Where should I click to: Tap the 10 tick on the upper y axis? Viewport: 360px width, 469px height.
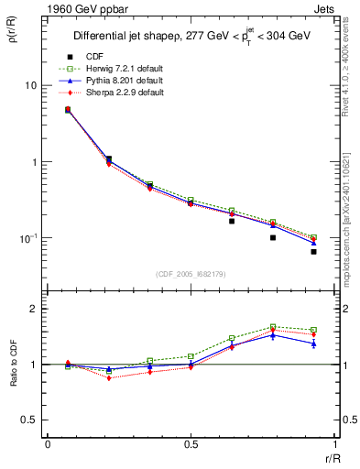pos(33,85)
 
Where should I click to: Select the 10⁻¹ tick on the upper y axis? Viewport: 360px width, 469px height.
pos(30,237)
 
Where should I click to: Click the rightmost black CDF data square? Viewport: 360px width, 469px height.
pos(313,251)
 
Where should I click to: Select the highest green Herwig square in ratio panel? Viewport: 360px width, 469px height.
pos(273,327)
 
